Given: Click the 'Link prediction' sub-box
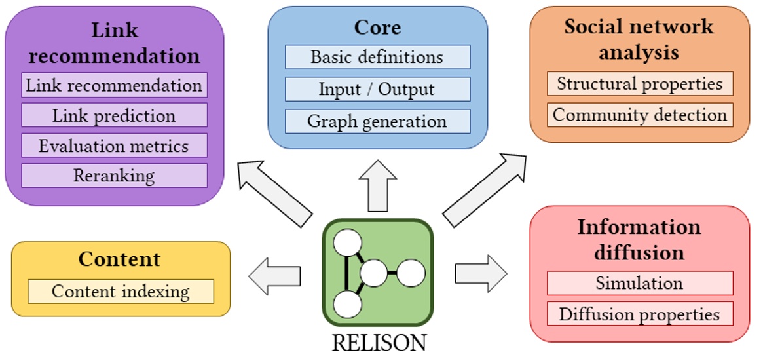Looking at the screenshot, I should [114, 115].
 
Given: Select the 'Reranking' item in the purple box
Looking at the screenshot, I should [114, 176].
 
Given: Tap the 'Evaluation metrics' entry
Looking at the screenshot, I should [114, 145].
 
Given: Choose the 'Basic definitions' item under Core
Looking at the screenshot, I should [377, 57].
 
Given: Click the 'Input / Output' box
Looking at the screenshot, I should [377, 89].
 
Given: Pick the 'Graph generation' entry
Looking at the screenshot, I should [377, 121].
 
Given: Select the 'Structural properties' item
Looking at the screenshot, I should [640, 84].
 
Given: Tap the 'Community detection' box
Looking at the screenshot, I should [640, 115].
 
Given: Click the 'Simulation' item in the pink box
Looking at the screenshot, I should [640, 283].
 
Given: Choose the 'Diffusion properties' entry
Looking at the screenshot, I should [640, 314].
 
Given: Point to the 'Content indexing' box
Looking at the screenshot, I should [121, 291].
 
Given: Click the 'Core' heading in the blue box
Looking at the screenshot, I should [377, 28].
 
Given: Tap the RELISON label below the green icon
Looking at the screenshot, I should [379, 343].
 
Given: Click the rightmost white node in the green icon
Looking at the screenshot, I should [411, 273].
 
